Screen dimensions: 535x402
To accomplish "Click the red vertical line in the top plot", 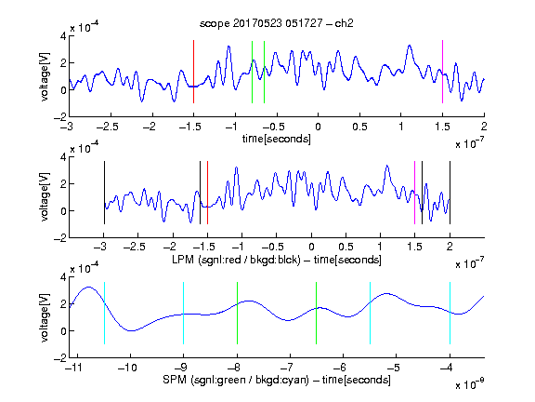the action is point(193,72).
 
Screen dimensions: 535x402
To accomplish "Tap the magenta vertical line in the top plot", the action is point(442,72).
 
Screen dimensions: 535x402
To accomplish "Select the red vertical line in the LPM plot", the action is point(207,193).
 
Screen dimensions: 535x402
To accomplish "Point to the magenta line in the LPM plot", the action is point(414,193).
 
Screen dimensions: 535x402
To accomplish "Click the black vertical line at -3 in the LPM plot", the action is point(104,193).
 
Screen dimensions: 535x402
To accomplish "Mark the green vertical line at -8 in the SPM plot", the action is point(237,313).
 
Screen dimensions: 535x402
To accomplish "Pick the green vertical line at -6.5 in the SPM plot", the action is point(317,313).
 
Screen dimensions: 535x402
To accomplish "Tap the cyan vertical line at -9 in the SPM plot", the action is point(184,313).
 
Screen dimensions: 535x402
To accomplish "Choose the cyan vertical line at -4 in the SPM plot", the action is point(450,313).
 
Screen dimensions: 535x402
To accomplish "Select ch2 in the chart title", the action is point(344,23).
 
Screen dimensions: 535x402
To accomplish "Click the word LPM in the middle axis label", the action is point(183,260).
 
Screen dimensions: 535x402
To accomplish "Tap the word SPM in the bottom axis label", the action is point(174,380).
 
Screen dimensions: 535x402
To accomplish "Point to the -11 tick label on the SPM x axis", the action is point(73,368).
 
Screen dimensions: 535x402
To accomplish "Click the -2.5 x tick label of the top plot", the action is point(108,127).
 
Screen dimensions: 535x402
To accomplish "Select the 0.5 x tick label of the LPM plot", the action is point(346,247).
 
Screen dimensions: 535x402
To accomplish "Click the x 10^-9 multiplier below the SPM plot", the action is point(470,383).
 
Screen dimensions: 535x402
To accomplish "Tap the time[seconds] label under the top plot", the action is point(277,139).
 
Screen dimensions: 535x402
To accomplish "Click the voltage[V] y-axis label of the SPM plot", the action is point(45,317).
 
